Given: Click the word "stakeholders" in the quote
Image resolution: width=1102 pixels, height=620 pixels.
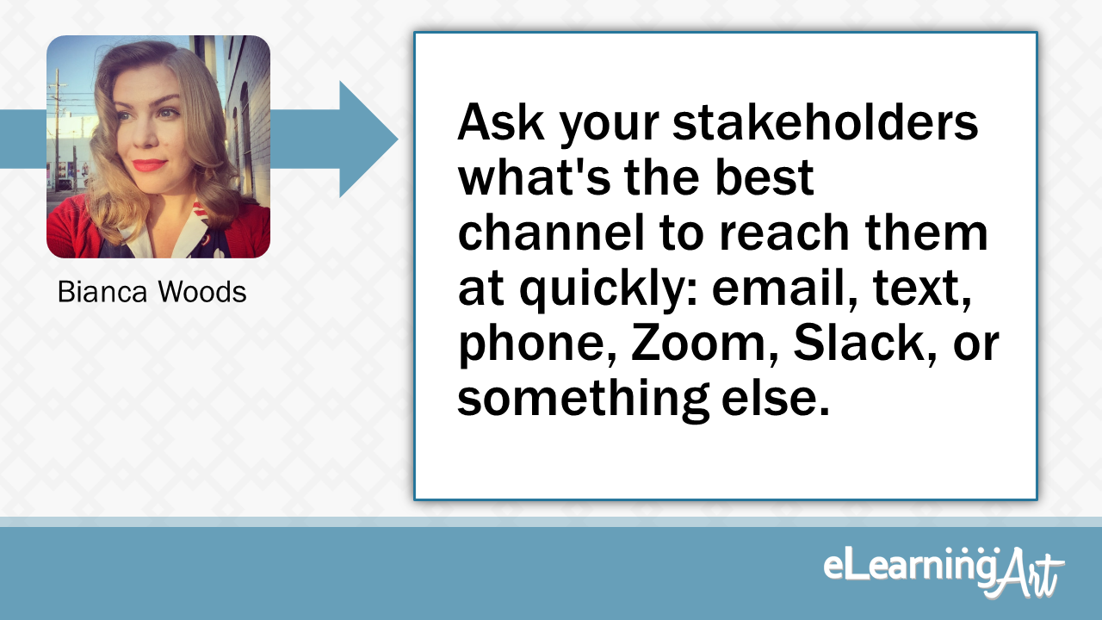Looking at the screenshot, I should coord(826,124).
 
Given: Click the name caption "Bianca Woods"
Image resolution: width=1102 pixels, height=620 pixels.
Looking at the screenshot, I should coord(152,292).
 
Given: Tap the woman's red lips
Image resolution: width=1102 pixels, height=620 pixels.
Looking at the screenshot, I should coord(148,164).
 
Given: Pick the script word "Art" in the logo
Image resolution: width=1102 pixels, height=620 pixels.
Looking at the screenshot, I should coord(1028,572).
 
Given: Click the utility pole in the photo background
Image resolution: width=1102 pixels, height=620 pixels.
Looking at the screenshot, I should coord(58,121).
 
